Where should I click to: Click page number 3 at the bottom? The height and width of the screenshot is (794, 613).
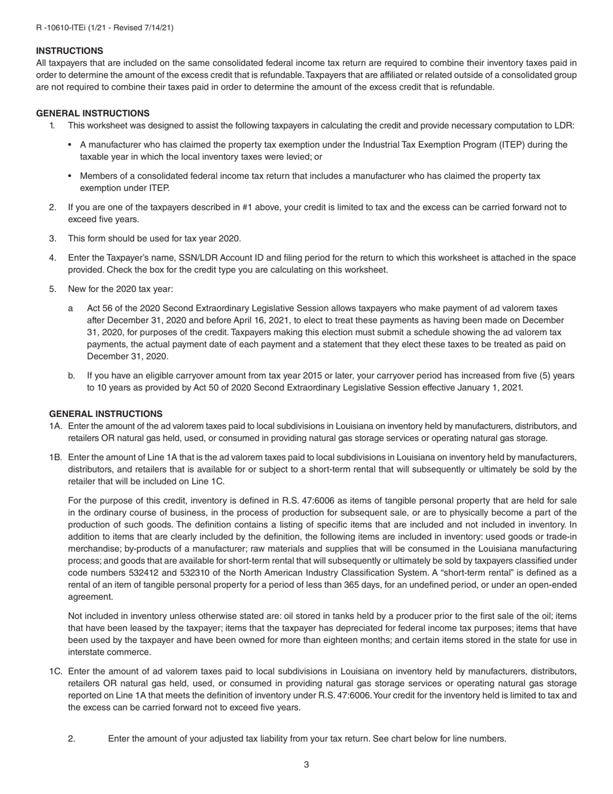coord(306,765)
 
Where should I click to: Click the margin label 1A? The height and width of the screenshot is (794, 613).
coord(55,426)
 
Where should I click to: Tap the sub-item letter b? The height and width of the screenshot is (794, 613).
coord(71,375)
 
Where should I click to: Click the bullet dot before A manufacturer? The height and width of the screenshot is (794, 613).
coord(70,145)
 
